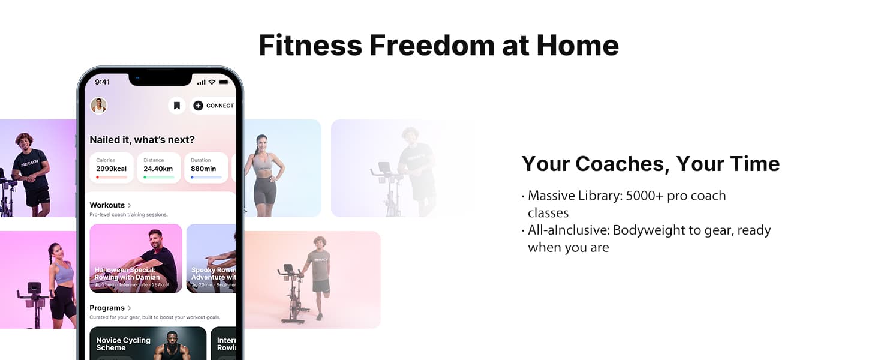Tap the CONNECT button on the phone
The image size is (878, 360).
point(214,106)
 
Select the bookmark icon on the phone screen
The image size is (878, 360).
point(176,106)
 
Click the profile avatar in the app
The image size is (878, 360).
point(98,106)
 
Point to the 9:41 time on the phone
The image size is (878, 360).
point(103,82)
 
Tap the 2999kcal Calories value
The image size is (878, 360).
point(112,169)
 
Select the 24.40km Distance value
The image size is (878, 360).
point(158,169)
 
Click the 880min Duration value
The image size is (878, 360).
point(203,169)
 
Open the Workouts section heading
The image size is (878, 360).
point(107,205)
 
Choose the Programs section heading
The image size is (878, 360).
point(107,308)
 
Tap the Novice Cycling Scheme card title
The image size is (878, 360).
point(123,344)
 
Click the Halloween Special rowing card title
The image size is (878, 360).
point(127,274)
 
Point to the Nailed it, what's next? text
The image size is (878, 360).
point(142,140)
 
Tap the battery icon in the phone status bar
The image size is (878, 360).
point(224,82)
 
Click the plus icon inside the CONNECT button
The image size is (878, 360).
point(198,106)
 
